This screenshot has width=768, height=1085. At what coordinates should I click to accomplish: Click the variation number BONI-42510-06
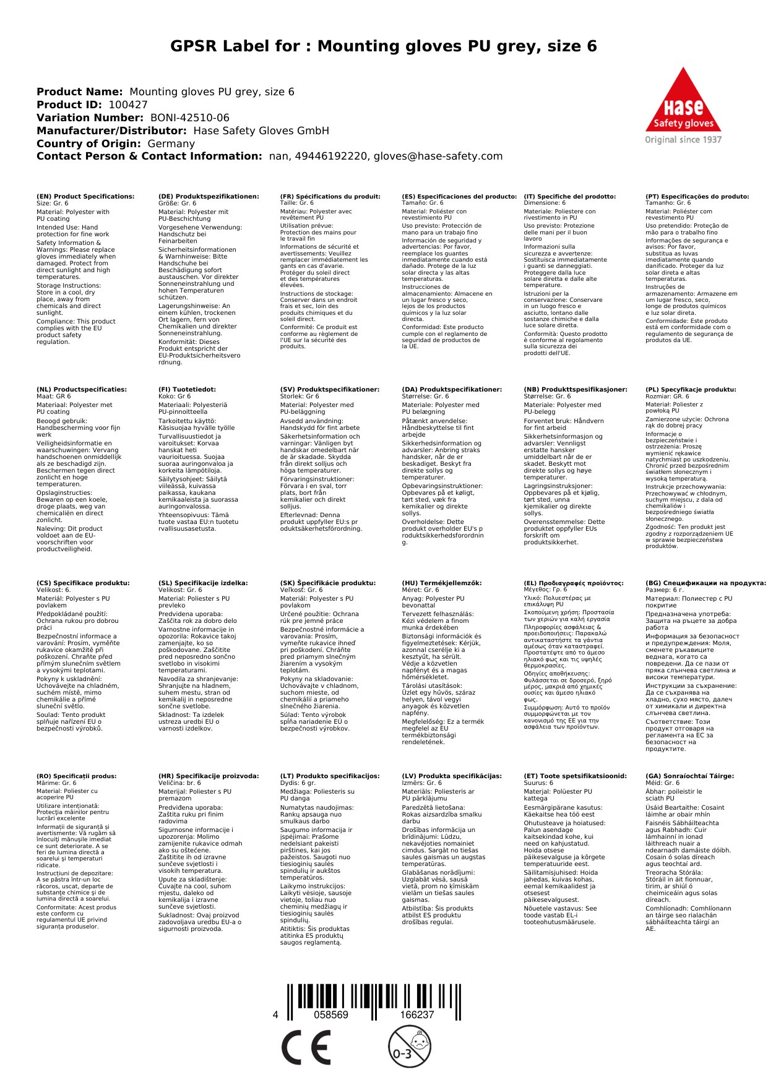(x=190, y=118)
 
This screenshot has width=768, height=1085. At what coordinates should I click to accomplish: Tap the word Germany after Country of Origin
(x=171, y=144)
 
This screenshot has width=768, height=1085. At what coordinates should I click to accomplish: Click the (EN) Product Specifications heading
(x=85, y=197)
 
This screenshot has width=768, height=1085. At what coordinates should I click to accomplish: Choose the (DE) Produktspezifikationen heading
(x=209, y=197)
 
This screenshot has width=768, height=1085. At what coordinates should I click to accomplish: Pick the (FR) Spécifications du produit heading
(x=330, y=197)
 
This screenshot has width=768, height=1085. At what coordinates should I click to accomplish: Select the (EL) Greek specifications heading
(x=574, y=583)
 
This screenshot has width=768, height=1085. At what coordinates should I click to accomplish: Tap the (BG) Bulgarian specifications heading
(x=705, y=583)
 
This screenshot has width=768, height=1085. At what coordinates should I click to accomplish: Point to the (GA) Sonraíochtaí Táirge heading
(x=689, y=776)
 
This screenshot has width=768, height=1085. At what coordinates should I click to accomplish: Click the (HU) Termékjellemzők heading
(x=441, y=583)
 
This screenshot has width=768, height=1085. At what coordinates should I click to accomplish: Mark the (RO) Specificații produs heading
(x=76, y=776)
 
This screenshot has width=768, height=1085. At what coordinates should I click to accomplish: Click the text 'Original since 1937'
(x=683, y=140)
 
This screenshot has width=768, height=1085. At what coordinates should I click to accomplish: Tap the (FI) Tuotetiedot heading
(x=187, y=390)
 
